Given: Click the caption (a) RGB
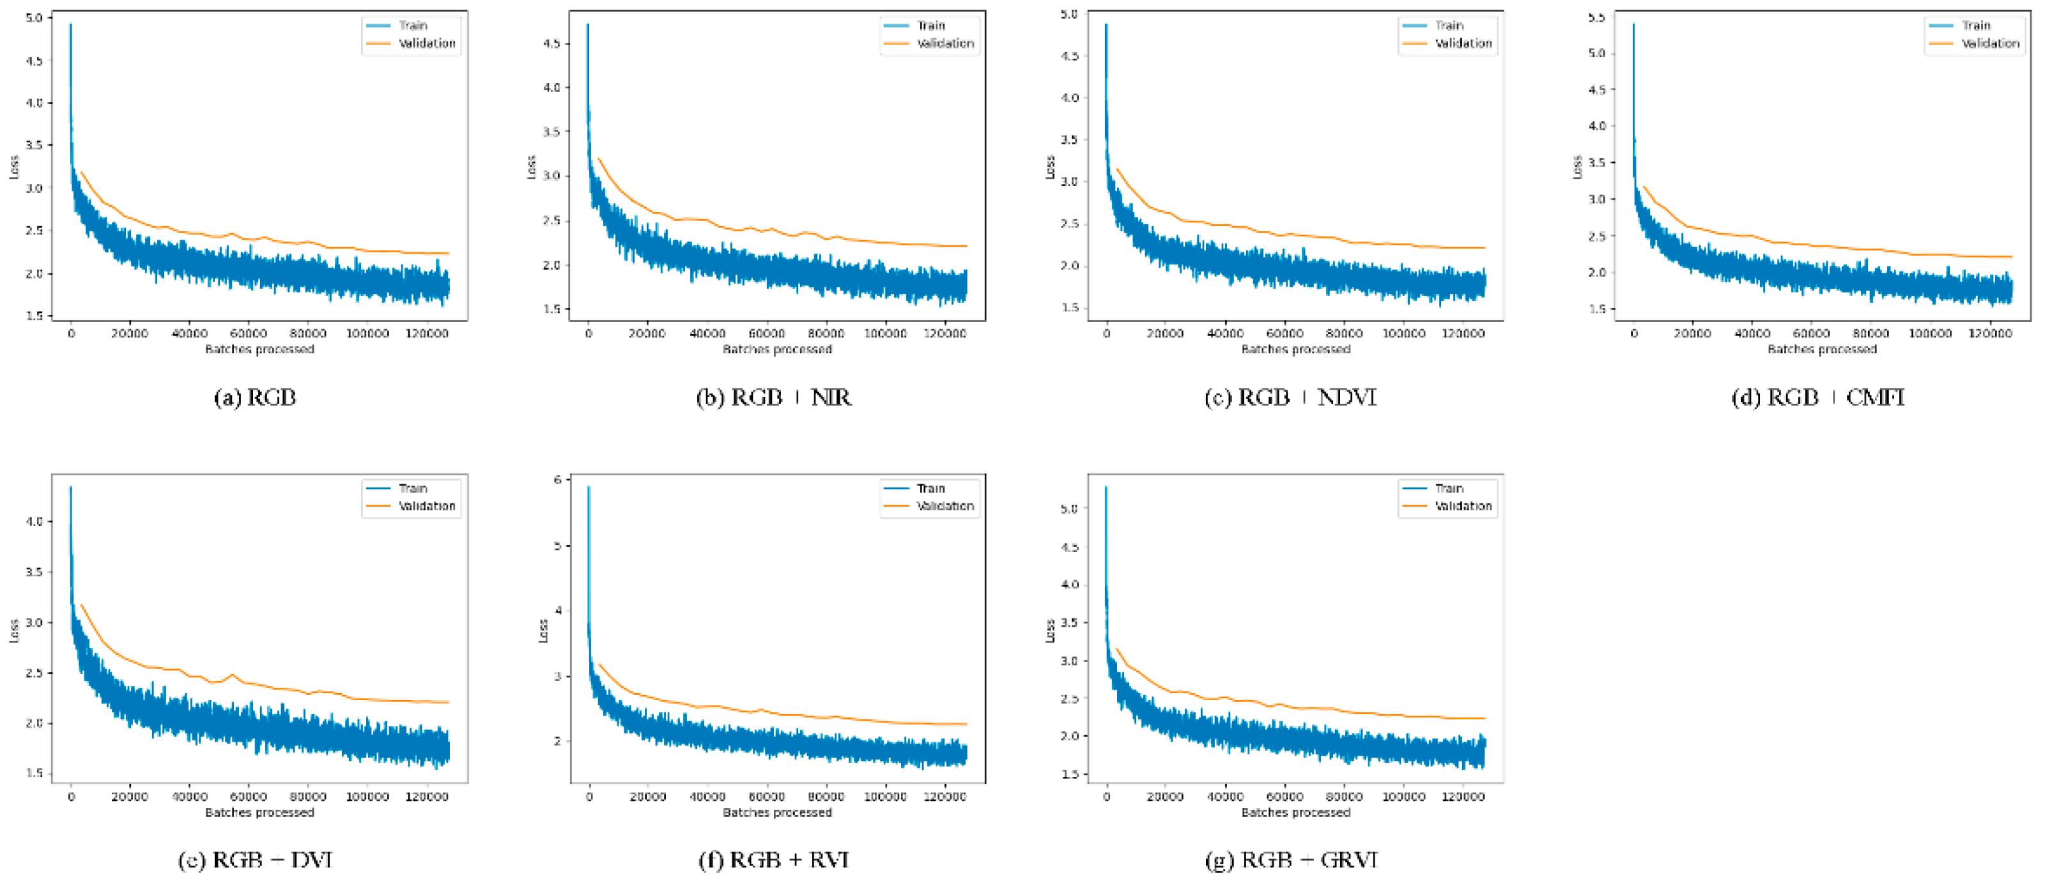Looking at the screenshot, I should (x=255, y=397).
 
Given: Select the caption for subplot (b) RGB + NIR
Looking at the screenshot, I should (x=774, y=397).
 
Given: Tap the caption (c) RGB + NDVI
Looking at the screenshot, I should (x=1291, y=397).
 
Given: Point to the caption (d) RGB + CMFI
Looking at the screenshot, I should (x=1818, y=397).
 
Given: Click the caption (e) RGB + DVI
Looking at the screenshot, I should (x=255, y=859).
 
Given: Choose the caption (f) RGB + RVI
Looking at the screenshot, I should (x=774, y=859).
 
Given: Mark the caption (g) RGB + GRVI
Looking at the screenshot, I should (x=1291, y=859).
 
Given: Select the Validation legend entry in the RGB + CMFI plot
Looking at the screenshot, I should (x=1989, y=43).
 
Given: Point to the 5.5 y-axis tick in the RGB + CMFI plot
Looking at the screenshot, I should (x=1596, y=17).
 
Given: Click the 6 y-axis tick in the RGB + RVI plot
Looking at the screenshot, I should (x=557, y=480).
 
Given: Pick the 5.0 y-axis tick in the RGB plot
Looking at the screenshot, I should (x=34, y=17).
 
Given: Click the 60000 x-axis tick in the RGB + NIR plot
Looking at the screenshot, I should (x=766, y=333).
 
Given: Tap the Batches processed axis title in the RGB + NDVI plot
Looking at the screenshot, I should (x=1295, y=349).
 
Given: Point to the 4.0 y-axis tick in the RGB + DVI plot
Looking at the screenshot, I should (x=34, y=521).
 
